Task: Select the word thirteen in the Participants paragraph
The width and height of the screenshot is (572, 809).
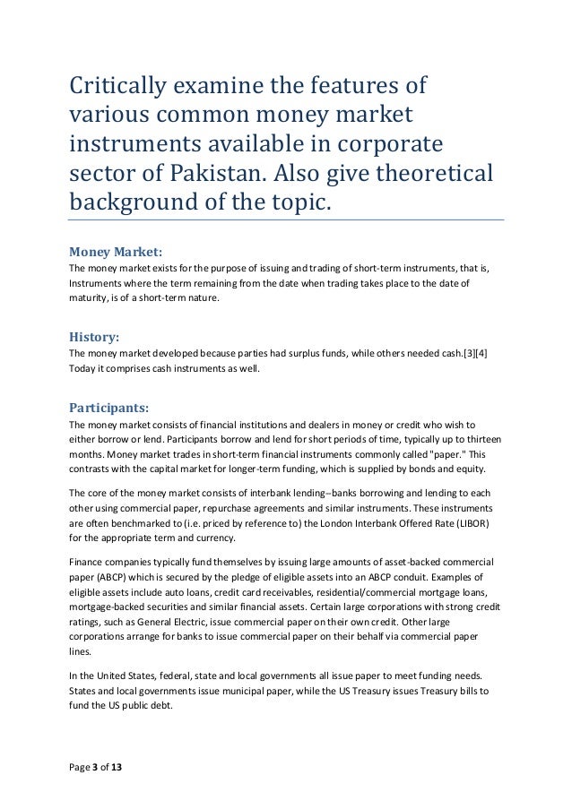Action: tap(479, 439)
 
